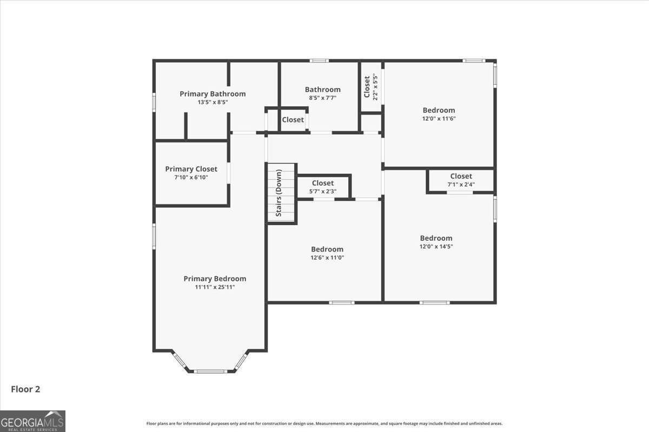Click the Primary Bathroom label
coord(213,94)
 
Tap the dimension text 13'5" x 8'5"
coord(213,102)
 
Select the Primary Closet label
coord(191,169)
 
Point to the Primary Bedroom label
coord(215,279)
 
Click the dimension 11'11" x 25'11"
coord(215,287)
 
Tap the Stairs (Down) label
coord(279,193)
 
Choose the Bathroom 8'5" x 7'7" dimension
coord(322,98)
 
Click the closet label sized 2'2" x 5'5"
coord(367,86)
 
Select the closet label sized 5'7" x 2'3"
coord(323,183)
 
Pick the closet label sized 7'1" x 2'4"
coord(461,176)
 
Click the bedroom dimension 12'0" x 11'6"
coord(439,118)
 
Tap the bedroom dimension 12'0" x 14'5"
coord(436,246)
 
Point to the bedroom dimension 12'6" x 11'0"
coord(327,258)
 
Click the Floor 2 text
coord(25,389)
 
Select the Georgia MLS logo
coord(32,421)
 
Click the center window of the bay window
coord(210,371)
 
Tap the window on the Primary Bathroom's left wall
coord(154,102)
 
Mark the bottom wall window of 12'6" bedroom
coord(342,302)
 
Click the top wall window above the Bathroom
coord(319,60)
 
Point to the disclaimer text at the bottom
coord(325,423)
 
